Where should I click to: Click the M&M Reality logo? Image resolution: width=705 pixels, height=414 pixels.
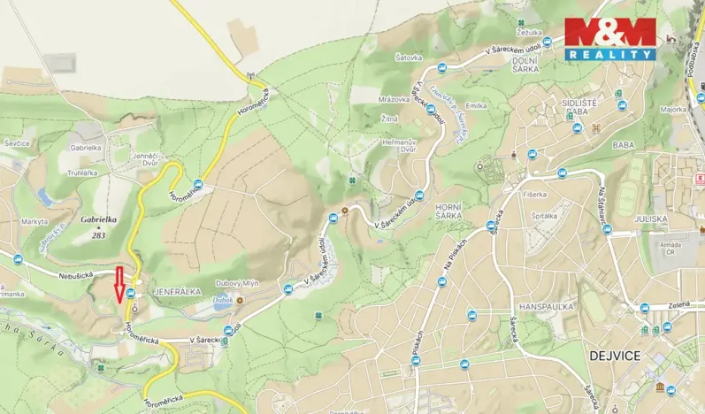610,38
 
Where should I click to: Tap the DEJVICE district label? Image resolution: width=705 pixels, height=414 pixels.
614,355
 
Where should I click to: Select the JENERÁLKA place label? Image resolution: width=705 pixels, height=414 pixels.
178,290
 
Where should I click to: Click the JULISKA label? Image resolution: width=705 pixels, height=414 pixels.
650,218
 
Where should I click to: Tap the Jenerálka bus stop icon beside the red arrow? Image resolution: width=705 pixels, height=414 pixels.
131,293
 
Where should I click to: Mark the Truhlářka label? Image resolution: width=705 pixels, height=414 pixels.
82,172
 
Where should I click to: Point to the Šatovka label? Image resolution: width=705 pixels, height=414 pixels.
408,57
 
